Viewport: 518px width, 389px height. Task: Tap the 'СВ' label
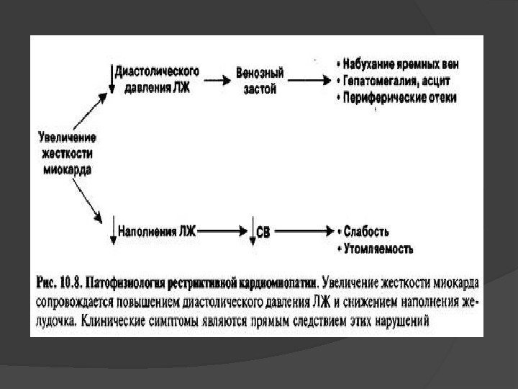265,232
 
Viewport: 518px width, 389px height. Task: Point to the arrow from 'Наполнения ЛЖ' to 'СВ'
222,232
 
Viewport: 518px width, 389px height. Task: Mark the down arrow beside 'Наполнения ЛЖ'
114,233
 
